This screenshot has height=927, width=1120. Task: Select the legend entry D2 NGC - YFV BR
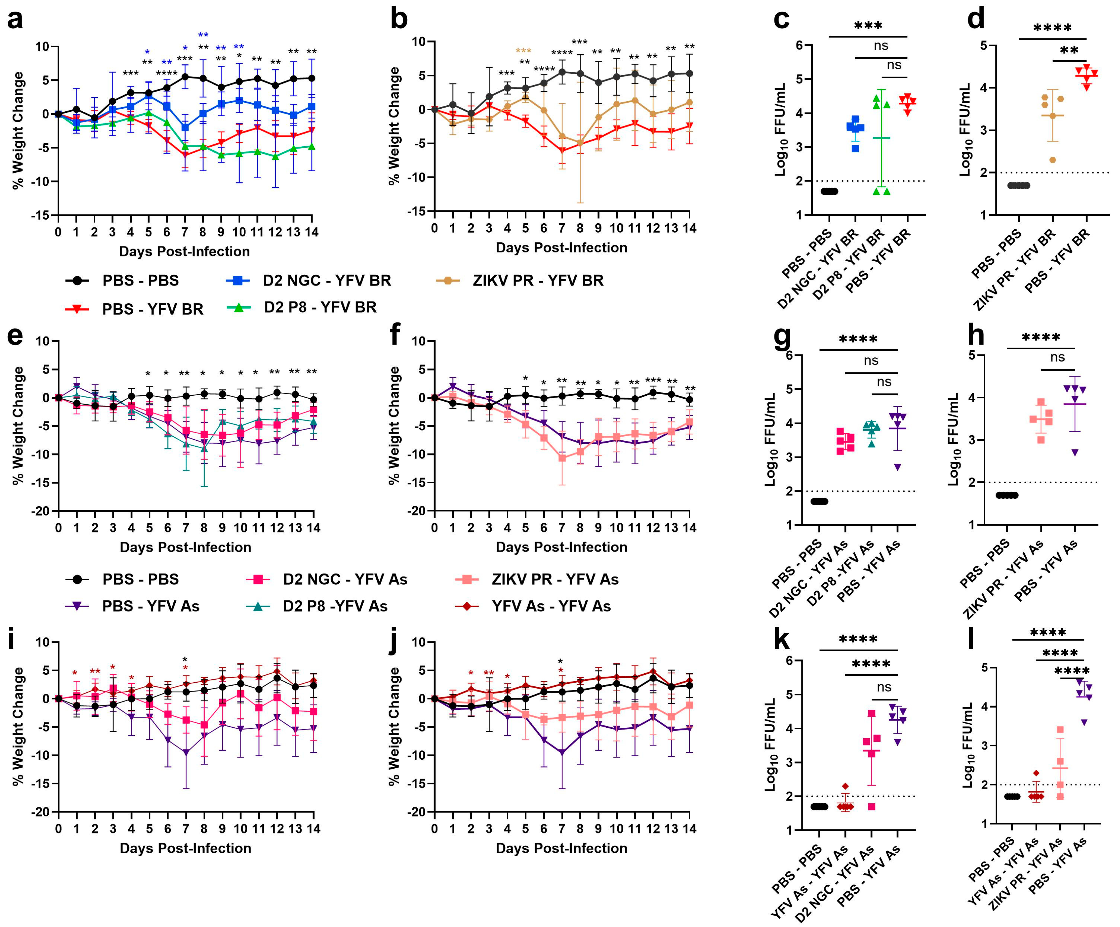pos(326,280)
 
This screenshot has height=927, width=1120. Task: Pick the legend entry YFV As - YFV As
pos(551,606)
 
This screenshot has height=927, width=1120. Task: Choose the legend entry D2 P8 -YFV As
pos(335,606)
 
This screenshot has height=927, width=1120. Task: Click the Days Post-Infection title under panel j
pos(561,848)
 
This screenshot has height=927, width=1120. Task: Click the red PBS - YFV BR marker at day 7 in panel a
pos(185,155)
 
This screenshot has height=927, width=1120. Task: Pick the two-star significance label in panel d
pos(1069,51)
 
